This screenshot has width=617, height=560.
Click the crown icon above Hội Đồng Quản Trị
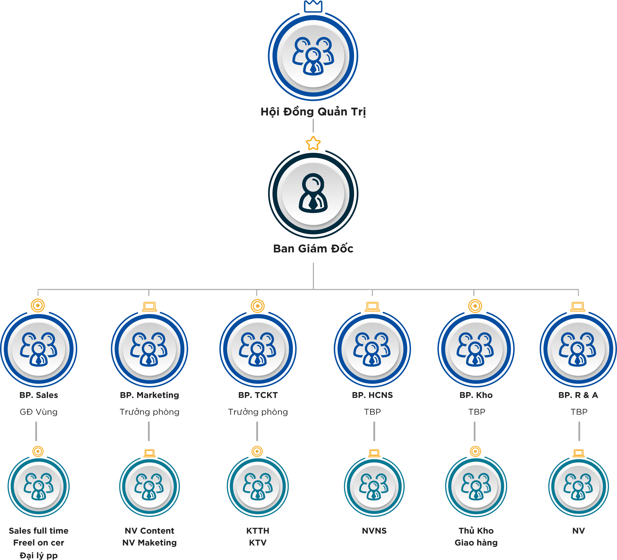pyautogui.click(x=313, y=7)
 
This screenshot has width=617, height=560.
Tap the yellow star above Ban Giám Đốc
pyautogui.click(x=313, y=144)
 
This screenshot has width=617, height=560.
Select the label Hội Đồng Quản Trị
pyautogui.click(x=313, y=112)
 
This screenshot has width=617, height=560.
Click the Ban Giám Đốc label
pyautogui.click(x=313, y=249)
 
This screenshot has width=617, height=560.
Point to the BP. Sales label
pyautogui.click(x=39, y=395)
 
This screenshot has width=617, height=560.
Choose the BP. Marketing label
pyautogui.click(x=149, y=395)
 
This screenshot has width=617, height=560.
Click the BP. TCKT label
pyautogui.click(x=258, y=395)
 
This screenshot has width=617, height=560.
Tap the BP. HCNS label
pyautogui.click(x=372, y=395)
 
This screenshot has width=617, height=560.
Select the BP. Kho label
pyautogui.click(x=476, y=395)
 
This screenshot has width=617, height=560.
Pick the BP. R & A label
pyautogui.click(x=578, y=395)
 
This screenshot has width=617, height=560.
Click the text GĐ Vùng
pyautogui.click(x=39, y=412)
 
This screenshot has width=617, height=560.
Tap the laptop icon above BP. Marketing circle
pyautogui.click(x=149, y=306)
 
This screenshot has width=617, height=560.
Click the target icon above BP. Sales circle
pyautogui.click(x=38, y=306)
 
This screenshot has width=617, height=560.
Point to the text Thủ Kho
pyautogui.click(x=476, y=531)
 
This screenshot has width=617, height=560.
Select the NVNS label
pyautogui.click(x=374, y=531)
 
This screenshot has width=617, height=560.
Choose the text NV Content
pyautogui.click(x=149, y=531)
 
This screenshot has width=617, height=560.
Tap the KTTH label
pyautogui.click(x=258, y=531)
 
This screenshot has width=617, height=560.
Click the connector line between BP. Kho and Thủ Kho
pyautogui.click(x=474, y=431)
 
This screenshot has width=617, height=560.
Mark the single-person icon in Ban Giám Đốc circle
pyautogui.click(x=313, y=193)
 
